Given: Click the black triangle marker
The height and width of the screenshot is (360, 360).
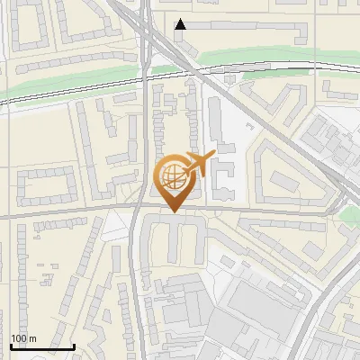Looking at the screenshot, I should tap(181, 24).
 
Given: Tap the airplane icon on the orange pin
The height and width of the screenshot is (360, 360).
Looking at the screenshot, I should tap(197, 164).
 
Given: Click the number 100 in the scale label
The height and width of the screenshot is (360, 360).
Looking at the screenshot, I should tap(20, 338).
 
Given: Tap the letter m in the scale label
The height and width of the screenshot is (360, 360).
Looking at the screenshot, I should tap(33, 338).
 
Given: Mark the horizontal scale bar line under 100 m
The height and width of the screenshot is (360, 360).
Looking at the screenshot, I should tap(41, 346).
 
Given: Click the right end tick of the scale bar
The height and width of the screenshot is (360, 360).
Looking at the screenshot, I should tap(74, 344).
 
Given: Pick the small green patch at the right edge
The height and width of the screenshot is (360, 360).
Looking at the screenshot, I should tap(349, 213).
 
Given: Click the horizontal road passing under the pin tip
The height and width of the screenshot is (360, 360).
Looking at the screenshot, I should tap(90, 214).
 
